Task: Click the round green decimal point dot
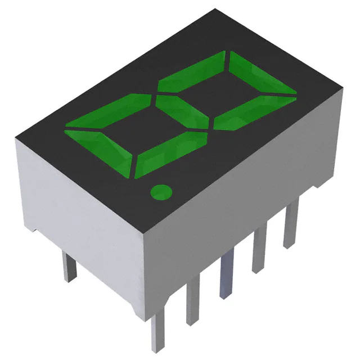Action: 160,192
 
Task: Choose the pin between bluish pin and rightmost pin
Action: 259,249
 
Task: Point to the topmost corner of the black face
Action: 215,10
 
